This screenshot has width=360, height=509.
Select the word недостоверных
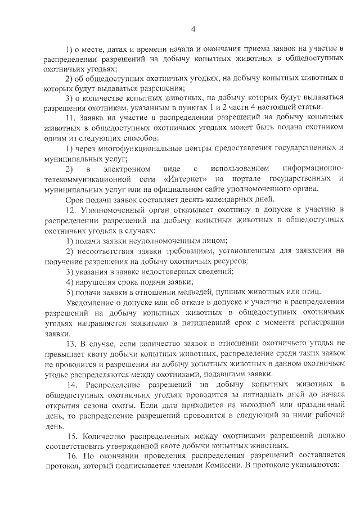179,271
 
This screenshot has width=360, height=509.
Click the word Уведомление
88,302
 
